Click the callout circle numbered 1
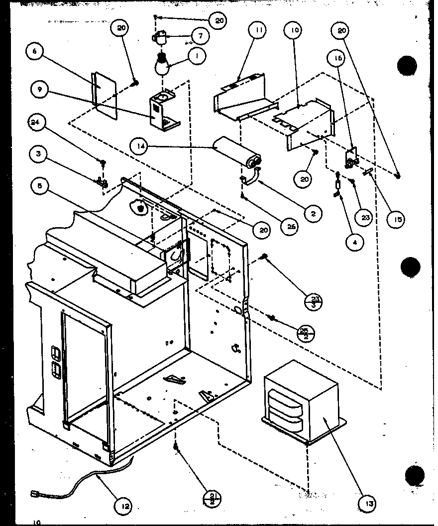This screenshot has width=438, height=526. click(197, 56)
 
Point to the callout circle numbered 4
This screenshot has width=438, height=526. click(355, 242)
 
